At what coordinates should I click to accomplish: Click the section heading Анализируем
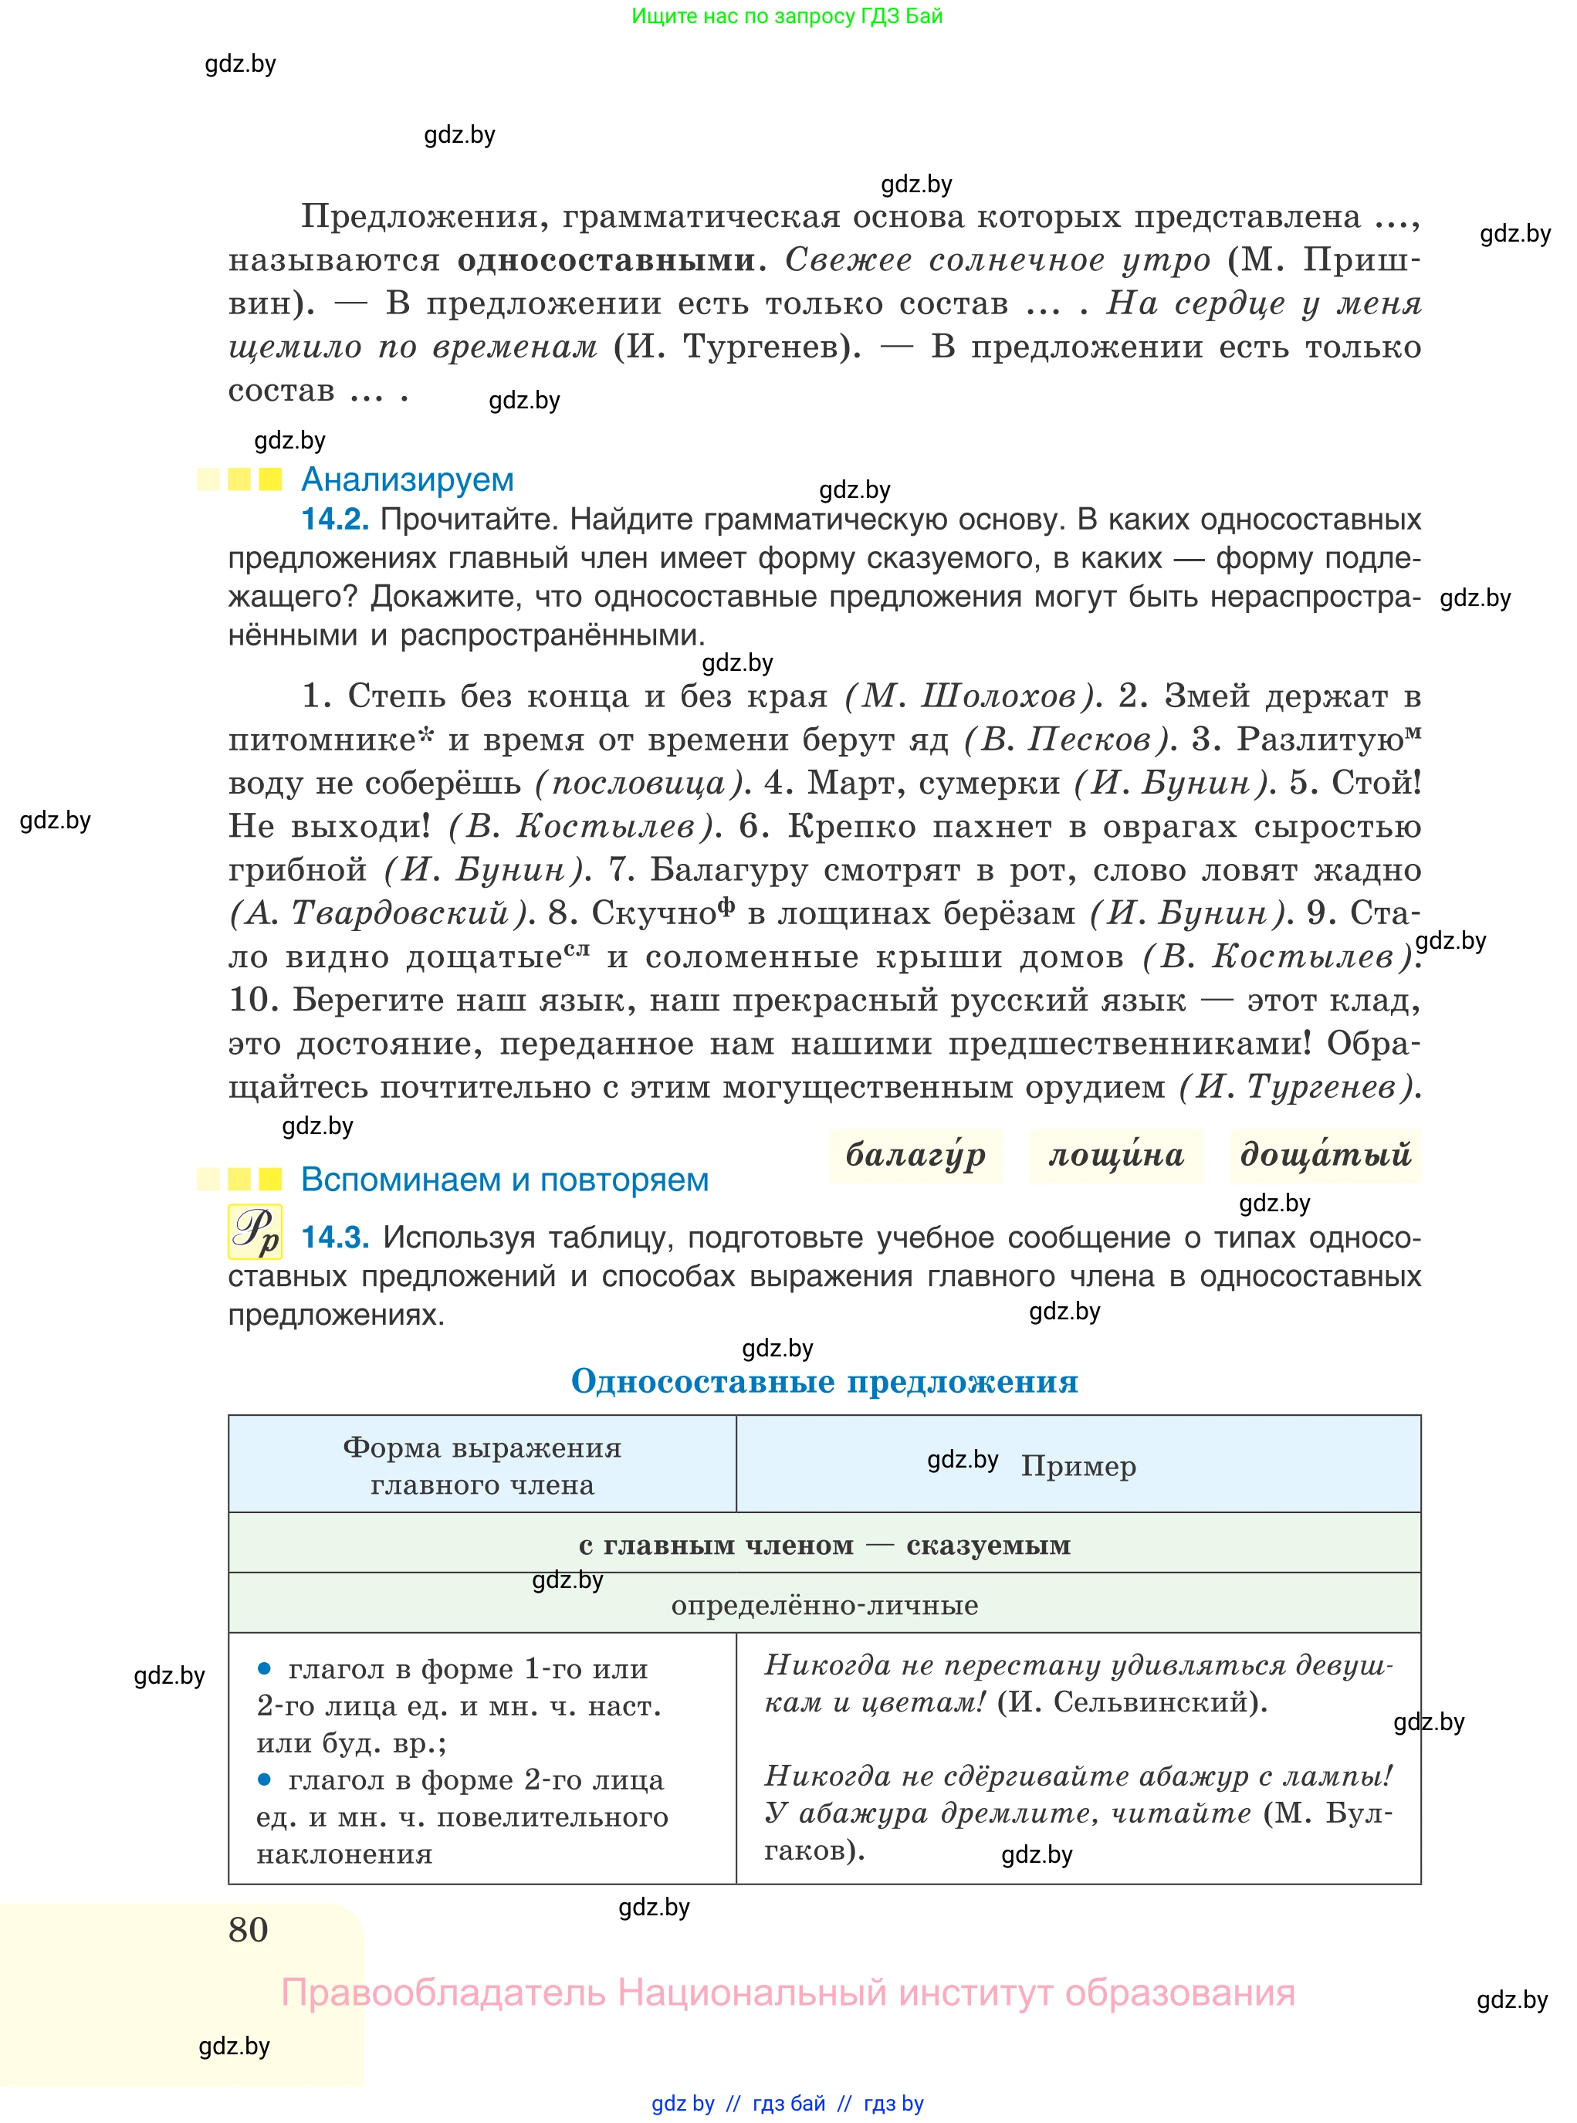pos(407,479)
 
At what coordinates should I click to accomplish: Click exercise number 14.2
pos(334,520)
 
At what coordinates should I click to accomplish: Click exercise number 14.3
pos(335,1238)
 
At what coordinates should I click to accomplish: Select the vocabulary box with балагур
pos(915,1155)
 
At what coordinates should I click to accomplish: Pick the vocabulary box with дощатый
pos(1325,1155)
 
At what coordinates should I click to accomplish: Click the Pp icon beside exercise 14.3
pos(255,1231)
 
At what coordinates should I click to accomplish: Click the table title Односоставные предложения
pos(824,1381)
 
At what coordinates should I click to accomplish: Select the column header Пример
pos(1078,1465)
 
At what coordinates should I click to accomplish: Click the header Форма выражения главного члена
pos(482,1465)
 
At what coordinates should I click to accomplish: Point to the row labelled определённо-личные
pos(824,1605)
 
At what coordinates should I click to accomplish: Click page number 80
pos(249,1929)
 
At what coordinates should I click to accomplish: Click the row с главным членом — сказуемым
pos(824,1546)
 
